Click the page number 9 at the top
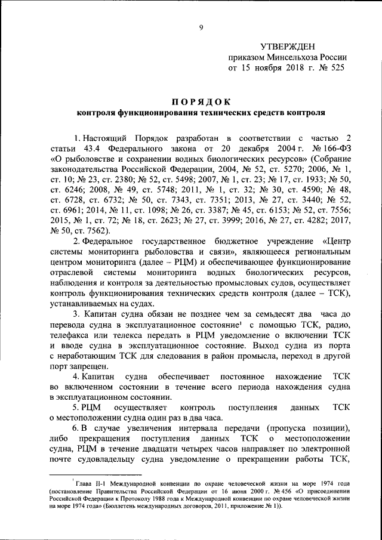[201, 26]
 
